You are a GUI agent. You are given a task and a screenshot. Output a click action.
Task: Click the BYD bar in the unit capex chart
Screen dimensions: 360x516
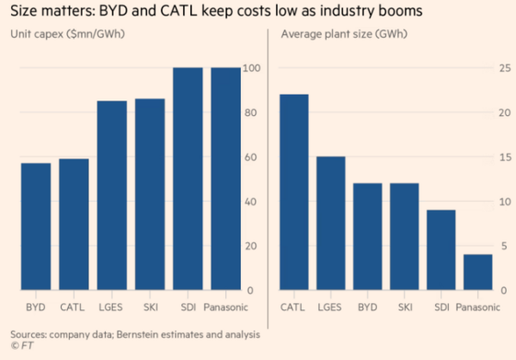point(36,227)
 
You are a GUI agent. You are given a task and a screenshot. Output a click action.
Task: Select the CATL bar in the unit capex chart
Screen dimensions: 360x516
point(72,225)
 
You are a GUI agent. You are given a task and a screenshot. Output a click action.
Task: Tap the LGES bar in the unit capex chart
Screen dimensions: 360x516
point(112,196)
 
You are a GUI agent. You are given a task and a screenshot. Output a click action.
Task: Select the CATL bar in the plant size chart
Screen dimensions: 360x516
point(295,192)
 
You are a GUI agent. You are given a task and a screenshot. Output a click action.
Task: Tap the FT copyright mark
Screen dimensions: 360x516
point(17,345)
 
